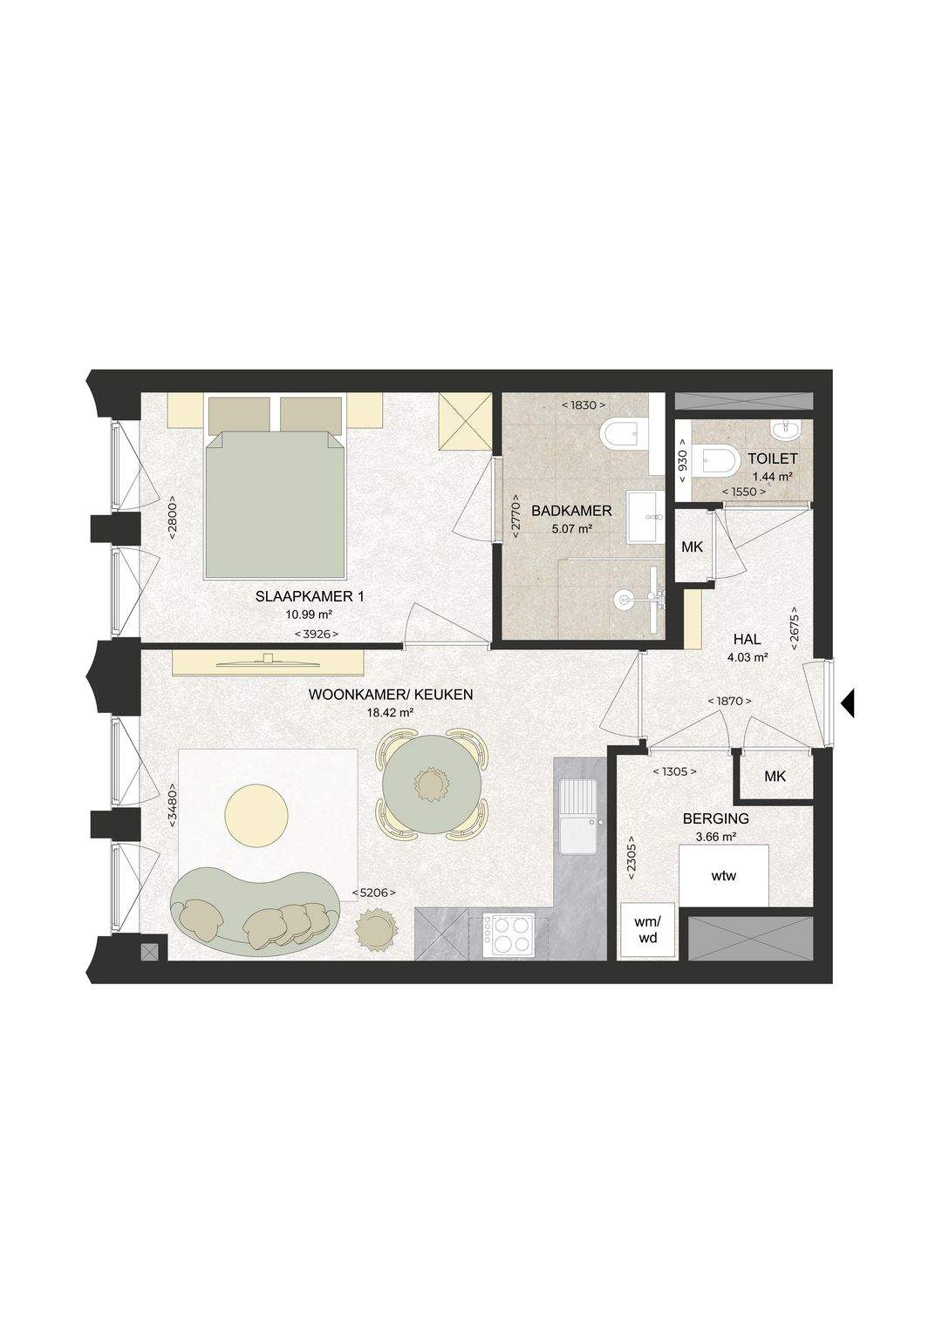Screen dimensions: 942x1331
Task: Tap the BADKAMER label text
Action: tap(571, 511)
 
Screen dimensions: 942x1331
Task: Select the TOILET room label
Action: tap(773, 458)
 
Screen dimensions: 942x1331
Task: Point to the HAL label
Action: tap(747, 640)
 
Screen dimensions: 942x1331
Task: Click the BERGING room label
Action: tap(715, 818)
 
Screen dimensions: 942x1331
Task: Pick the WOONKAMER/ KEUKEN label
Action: tap(391, 695)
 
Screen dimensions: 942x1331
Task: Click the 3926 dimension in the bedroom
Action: tap(317, 634)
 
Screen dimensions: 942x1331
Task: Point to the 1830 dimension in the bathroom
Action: tap(584, 405)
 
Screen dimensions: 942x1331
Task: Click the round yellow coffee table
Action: tap(257, 813)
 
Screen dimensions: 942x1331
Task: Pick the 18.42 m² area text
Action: tap(391, 712)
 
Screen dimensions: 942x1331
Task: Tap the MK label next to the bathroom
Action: tap(692, 547)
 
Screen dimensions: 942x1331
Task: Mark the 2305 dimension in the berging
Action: tap(631, 863)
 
